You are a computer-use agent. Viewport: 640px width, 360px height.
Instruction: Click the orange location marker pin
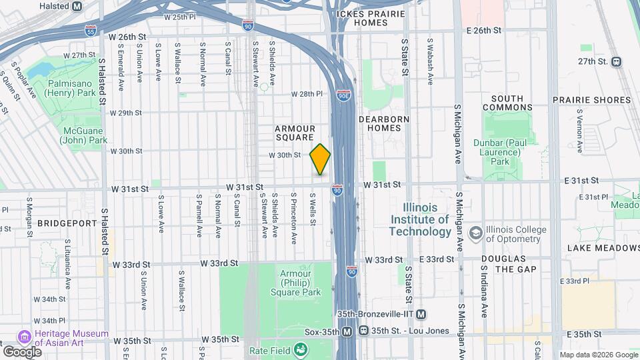click(320, 159)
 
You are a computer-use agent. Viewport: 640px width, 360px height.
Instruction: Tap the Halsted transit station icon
click(77, 6)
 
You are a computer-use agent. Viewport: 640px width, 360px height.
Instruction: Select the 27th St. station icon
click(616, 61)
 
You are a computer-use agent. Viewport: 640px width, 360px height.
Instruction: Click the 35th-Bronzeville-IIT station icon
click(421, 314)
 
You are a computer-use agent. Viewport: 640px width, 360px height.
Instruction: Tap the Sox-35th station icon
click(347, 331)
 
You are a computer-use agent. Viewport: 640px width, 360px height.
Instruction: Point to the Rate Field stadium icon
click(301, 349)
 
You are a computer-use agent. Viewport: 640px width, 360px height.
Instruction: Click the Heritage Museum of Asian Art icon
click(25, 335)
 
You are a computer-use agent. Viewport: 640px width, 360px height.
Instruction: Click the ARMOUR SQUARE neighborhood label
click(295, 132)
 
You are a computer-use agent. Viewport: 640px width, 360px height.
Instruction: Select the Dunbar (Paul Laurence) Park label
click(510, 151)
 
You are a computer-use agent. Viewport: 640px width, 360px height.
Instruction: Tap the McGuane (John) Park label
click(79, 135)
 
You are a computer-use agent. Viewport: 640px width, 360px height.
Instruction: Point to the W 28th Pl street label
click(306, 94)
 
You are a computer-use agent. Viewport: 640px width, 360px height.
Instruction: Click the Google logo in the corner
click(22, 351)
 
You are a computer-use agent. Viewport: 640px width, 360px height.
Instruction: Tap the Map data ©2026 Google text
click(598, 355)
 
